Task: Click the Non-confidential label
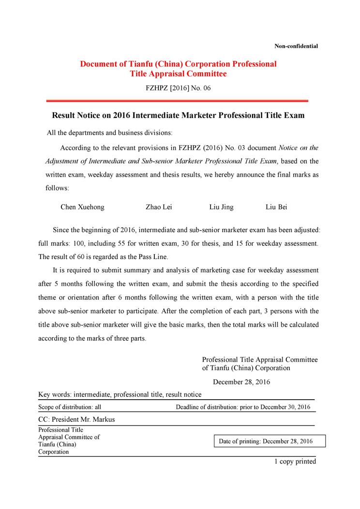(296, 46)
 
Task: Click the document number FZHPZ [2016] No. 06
(178, 88)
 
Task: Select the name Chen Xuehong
(82, 207)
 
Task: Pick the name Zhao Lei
(159, 207)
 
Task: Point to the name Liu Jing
(221, 207)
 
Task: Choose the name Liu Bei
(276, 207)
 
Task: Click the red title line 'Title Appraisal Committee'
(178, 74)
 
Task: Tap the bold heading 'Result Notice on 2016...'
(178, 116)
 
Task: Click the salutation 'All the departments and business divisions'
(109, 133)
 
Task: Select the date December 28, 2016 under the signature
(241, 382)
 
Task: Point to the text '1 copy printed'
(295, 462)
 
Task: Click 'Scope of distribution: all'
(70, 407)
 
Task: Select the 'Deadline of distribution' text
(243, 407)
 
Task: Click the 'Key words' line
(120, 395)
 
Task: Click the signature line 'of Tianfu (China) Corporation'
(246, 368)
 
